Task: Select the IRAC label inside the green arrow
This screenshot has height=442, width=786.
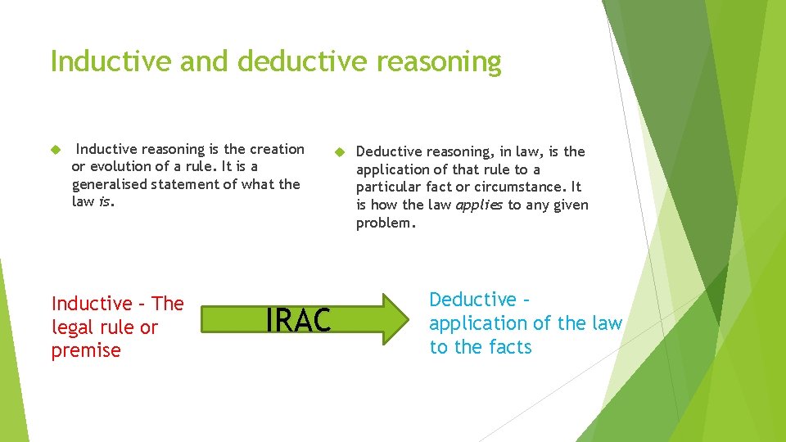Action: pyautogui.click(x=298, y=321)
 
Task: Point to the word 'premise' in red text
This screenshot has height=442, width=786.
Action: pyautogui.click(x=86, y=350)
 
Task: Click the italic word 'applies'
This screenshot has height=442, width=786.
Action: pyautogui.click(x=479, y=205)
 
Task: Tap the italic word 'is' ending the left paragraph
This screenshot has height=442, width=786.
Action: pyautogui.click(x=104, y=201)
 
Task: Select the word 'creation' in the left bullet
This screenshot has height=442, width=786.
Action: pyautogui.click(x=276, y=149)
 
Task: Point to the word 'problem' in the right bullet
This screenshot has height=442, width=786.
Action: pyautogui.click(x=384, y=223)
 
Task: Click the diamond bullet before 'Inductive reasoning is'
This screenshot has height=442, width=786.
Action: pyautogui.click(x=56, y=149)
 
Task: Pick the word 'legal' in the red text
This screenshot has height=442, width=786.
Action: pyautogui.click(x=70, y=327)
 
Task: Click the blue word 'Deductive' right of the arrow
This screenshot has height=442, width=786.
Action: pyautogui.click(x=473, y=300)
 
